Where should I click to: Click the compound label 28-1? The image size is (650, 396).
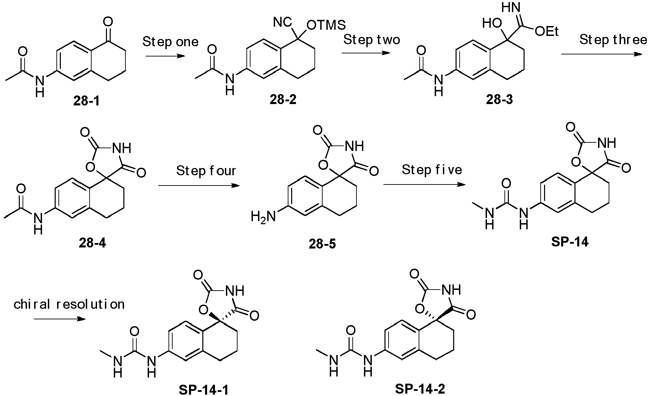(x=86, y=101)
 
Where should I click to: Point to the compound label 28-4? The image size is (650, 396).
(x=92, y=243)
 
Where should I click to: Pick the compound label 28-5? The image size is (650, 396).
(x=322, y=244)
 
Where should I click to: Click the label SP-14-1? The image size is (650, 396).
(x=203, y=389)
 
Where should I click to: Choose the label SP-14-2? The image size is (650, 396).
(x=420, y=388)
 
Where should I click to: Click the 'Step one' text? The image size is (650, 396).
(x=170, y=42)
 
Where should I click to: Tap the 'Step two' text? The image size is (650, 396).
(x=371, y=40)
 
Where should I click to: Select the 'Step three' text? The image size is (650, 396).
(x=613, y=40)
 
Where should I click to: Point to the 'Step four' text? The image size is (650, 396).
(x=206, y=170)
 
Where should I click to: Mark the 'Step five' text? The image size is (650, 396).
(x=432, y=170)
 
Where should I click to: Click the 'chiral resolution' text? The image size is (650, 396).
(x=69, y=304)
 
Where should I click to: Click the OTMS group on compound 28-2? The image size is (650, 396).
(x=326, y=25)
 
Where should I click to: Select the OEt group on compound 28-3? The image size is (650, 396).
(x=547, y=31)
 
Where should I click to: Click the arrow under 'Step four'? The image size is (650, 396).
(x=199, y=186)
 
